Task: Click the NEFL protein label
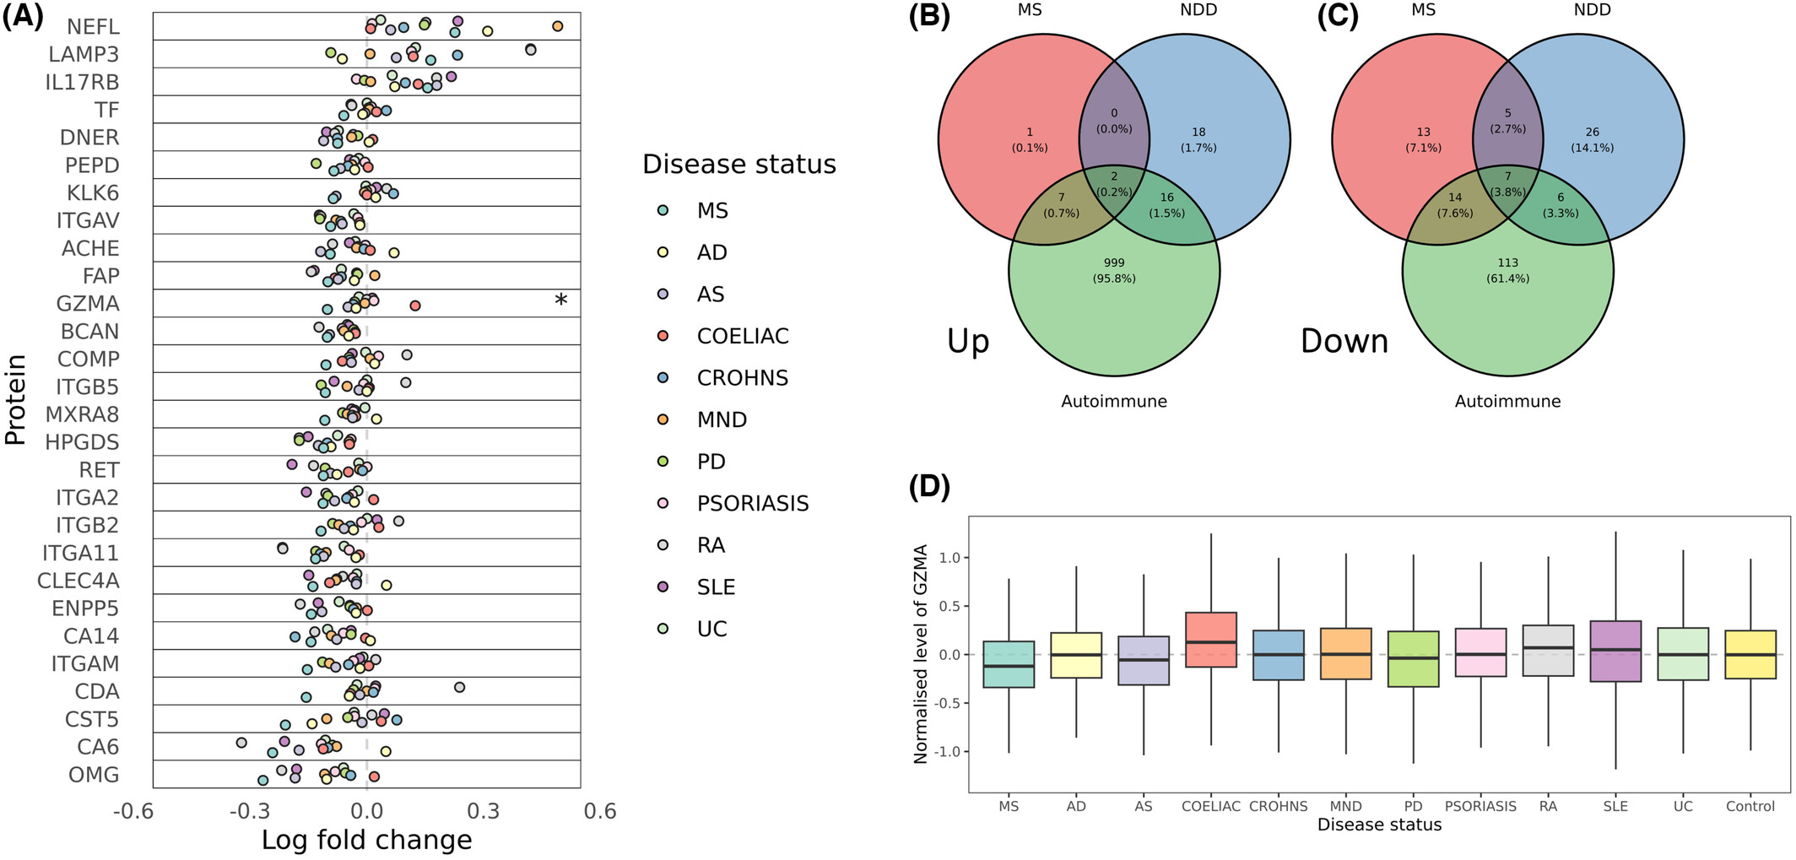tap(93, 27)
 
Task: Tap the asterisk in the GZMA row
tap(560, 300)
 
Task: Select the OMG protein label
tap(94, 775)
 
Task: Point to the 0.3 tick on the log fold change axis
tap(484, 812)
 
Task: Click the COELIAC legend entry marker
tap(663, 336)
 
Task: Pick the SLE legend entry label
tap(716, 587)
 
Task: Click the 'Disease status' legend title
tap(739, 164)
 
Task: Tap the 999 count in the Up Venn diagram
tap(1114, 262)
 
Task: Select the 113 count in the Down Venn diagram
tap(1507, 262)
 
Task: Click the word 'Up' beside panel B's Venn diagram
tap(967, 342)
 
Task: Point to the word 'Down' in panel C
tap(1344, 341)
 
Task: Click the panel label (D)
tap(929, 487)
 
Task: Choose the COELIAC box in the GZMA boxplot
tap(1211, 640)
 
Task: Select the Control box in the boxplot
tap(1750, 654)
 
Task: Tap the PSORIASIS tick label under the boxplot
tap(1480, 806)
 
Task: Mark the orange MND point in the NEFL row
tap(557, 27)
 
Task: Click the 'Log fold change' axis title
tap(366, 841)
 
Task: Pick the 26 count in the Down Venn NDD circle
tap(1592, 132)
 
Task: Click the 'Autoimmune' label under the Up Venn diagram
tap(1114, 402)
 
